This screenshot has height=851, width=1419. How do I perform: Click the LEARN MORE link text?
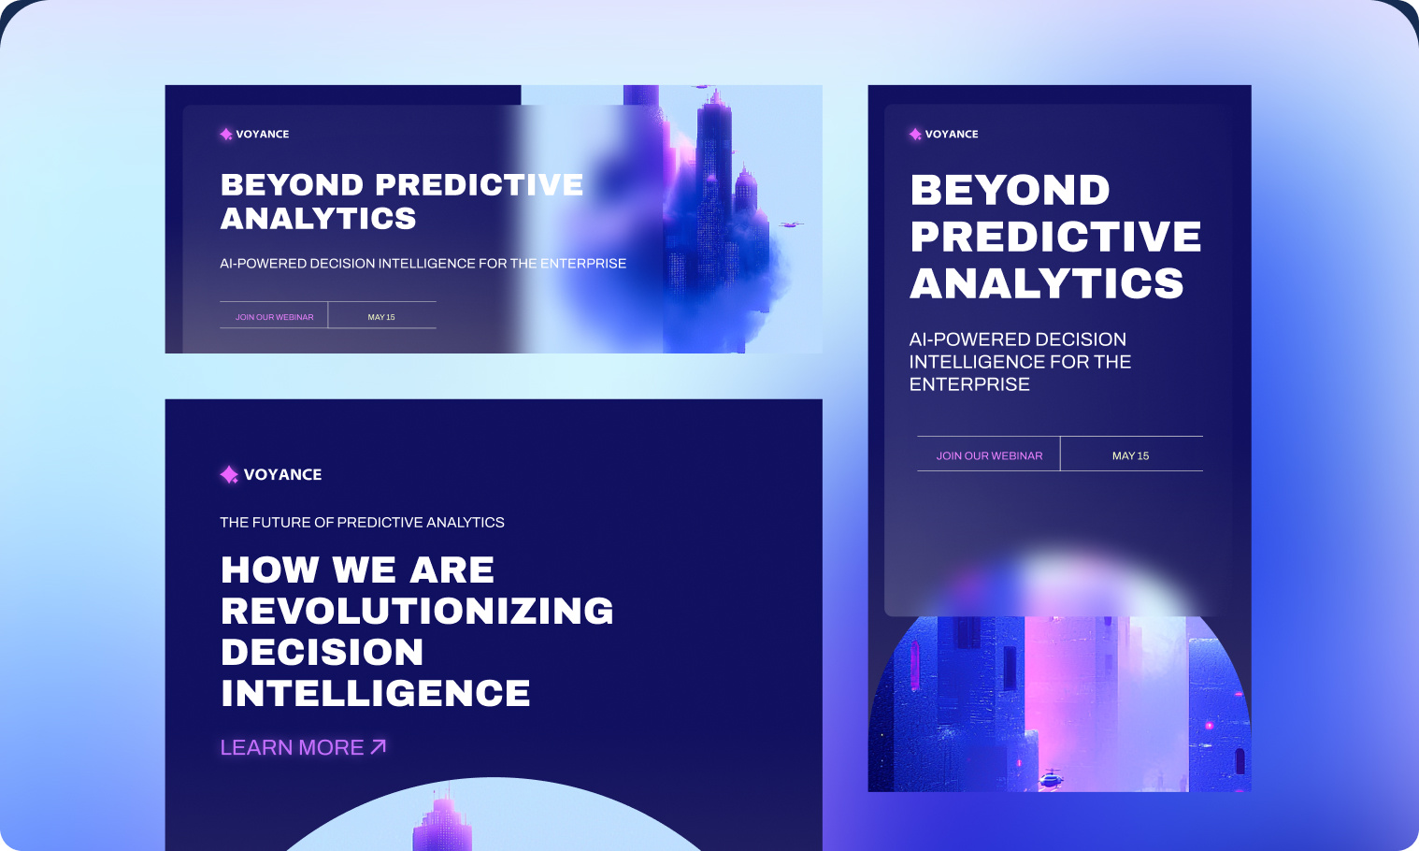point(292,747)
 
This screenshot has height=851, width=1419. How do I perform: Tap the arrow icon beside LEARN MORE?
point(379,746)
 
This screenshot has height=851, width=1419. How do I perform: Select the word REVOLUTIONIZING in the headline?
point(417,611)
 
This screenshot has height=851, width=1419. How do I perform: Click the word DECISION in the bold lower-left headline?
point(322,652)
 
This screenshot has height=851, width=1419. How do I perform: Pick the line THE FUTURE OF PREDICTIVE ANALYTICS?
point(362,522)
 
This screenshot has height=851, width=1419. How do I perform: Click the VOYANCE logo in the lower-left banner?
point(271,474)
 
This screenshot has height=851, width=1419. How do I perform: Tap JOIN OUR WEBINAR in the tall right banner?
point(989,455)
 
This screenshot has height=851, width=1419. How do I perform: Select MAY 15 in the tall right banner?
point(1130,455)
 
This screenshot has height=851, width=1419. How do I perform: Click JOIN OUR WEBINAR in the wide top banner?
point(274,317)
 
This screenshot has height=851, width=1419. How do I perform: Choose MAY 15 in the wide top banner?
point(381,317)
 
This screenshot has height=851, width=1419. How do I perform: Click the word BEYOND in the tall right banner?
point(1010,190)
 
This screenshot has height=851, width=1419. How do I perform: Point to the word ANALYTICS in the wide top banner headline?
point(318,218)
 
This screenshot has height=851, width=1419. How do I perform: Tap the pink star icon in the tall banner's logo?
point(915,134)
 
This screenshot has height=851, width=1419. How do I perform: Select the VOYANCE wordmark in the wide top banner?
point(262,134)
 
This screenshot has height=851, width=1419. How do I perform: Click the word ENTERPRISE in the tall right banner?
point(969,384)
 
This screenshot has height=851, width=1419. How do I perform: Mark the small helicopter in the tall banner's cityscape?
point(1053,776)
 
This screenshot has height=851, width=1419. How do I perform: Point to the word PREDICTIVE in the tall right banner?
point(1055,237)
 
